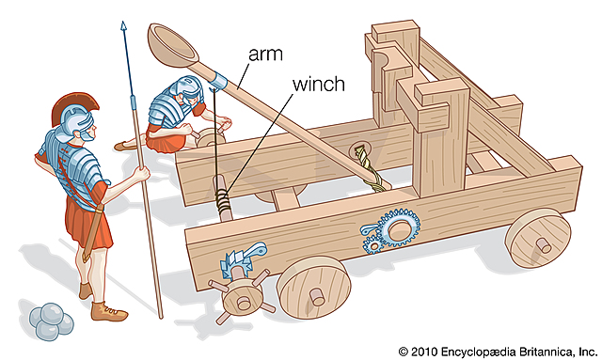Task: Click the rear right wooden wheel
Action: (x=537, y=239)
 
